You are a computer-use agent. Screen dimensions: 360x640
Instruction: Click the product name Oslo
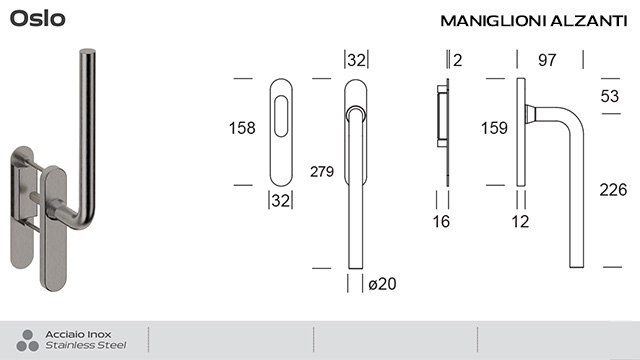coord(38,19)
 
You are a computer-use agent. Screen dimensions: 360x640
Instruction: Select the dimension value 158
coord(242,128)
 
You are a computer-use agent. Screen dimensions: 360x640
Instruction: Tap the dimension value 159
coord(494,128)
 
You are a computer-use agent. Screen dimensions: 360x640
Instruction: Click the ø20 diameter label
coord(383,284)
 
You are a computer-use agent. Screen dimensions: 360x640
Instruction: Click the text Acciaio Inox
coord(79,334)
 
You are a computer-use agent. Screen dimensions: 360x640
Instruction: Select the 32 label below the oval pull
coord(280,201)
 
